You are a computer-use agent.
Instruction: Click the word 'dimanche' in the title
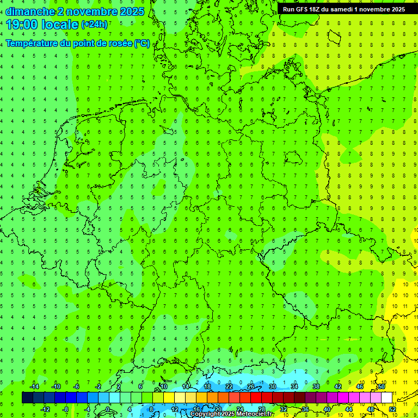click(30, 11)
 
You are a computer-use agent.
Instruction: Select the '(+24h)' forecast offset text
click(94, 24)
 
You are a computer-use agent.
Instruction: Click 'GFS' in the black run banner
click(302, 9)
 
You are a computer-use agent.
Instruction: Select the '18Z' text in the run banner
click(316, 9)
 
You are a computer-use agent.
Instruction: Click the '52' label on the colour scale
click(392, 409)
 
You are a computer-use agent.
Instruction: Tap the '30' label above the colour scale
click(272, 386)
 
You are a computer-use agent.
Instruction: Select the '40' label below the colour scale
click(327, 409)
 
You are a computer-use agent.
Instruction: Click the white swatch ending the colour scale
click(386, 398)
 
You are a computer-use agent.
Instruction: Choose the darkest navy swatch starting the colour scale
click(27, 398)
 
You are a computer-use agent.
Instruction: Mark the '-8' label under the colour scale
click(66, 409)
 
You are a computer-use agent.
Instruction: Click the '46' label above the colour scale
click(359, 386)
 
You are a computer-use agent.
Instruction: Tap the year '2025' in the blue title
click(131, 11)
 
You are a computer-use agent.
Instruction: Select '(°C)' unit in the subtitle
click(142, 43)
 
